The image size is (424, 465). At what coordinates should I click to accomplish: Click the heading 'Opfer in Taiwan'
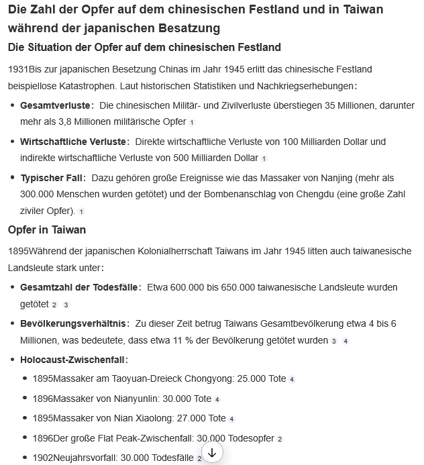tap(47, 229)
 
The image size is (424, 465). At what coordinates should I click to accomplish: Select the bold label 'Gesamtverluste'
tap(55, 106)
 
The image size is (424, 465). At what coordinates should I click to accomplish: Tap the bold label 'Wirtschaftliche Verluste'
tap(74, 142)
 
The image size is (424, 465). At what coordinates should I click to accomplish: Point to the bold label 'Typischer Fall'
tap(52, 178)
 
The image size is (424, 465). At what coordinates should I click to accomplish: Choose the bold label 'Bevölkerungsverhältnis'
tap(73, 323)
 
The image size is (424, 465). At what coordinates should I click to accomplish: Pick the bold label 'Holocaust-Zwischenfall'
tap(73, 360)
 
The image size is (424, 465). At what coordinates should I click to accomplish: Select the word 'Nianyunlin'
tap(134, 399)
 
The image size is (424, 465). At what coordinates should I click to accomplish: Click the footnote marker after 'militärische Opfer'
tap(192, 123)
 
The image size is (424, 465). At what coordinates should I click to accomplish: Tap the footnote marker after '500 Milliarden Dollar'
tap(264, 159)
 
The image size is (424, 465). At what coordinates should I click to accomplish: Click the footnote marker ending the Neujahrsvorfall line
tap(199, 459)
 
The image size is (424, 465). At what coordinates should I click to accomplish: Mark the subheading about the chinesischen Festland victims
tap(144, 47)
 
